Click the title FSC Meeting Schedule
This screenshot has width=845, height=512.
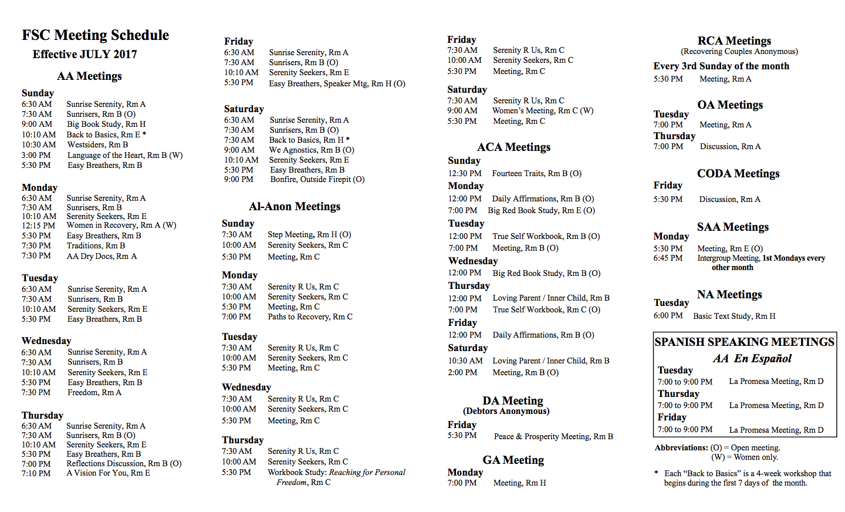95,35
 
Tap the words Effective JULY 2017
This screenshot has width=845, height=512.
84,54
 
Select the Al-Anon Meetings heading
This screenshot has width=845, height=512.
295,206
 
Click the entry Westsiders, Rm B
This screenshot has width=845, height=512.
97,144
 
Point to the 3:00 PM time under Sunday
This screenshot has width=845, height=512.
36,155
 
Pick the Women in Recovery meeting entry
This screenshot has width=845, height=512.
121,225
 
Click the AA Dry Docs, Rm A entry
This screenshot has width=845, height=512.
102,256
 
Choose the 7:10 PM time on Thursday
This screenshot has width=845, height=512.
36,473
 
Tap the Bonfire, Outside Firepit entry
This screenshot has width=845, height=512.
317,179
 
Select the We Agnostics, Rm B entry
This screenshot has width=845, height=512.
312,150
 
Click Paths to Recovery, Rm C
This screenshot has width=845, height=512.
310,316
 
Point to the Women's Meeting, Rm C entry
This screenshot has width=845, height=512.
543,110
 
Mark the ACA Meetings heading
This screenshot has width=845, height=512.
513,147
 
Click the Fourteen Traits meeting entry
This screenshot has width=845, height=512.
536,173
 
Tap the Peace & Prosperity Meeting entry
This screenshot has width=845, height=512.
553,436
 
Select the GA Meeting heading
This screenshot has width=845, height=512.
513,460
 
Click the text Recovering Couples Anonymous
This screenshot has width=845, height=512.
739,51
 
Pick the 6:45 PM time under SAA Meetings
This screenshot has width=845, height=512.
668,258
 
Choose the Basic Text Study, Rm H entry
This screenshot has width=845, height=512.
734,316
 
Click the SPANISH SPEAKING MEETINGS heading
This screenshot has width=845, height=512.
744,342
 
